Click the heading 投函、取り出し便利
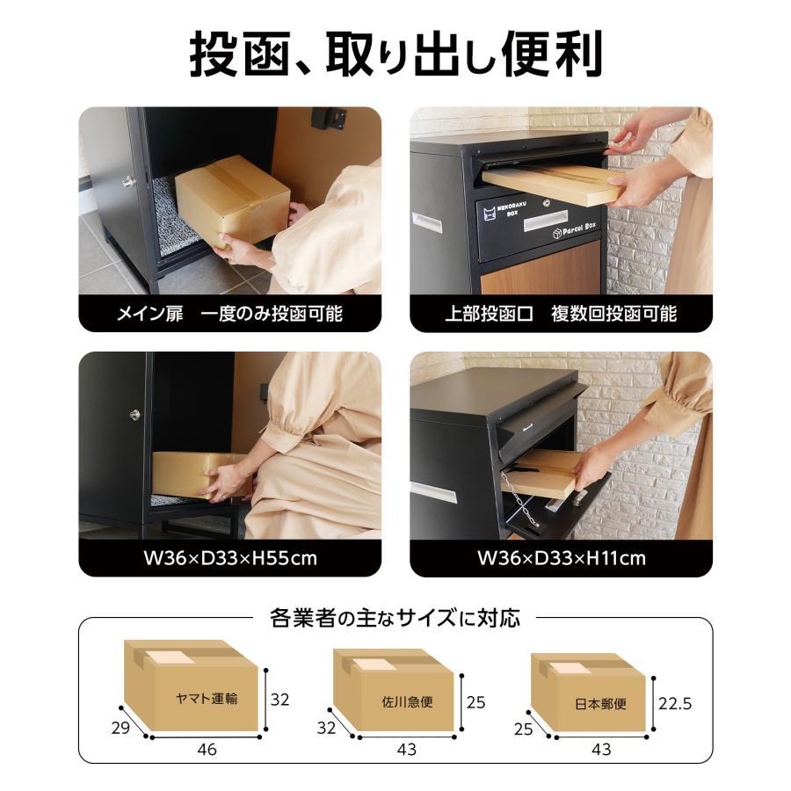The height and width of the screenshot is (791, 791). [395, 54]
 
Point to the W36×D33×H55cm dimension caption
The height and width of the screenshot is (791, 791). [229, 558]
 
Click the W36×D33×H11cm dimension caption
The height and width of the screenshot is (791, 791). [561, 558]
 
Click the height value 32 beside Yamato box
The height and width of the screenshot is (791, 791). [279, 700]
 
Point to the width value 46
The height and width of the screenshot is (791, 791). [207, 750]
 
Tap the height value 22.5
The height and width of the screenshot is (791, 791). [676, 703]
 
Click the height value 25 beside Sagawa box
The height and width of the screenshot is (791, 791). [475, 703]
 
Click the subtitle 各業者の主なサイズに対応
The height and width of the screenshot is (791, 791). [395, 618]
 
